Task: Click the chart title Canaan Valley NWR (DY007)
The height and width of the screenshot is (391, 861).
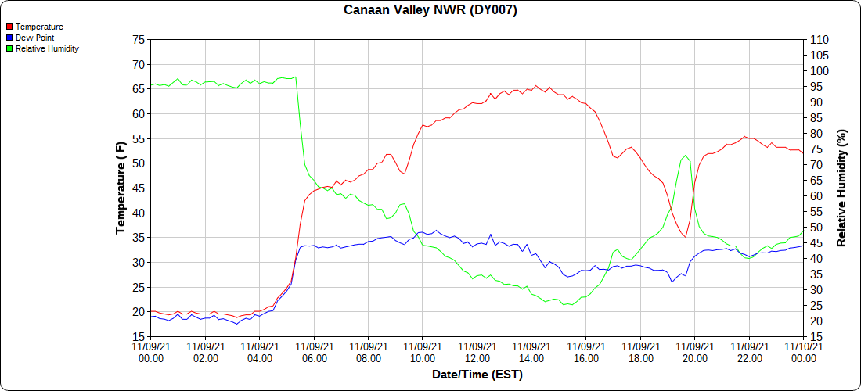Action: pos(430,10)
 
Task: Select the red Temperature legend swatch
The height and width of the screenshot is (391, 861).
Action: pos(9,27)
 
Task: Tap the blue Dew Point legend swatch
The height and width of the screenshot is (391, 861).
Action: pos(9,38)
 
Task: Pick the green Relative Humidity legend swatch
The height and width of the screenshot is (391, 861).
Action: pos(9,48)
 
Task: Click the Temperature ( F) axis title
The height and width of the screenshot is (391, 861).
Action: pos(121,188)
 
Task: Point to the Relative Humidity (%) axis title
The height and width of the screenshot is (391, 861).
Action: pos(841,188)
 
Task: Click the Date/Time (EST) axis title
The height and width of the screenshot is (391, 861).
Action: pos(477,375)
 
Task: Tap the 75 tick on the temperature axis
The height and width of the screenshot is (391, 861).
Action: pos(139,40)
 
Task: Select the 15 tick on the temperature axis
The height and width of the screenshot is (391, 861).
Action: pos(139,337)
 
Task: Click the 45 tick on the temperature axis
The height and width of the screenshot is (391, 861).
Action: pos(139,188)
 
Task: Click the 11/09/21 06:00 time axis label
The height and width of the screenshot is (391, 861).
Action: pos(314,352)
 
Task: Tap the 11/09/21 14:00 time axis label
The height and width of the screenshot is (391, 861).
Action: pos(531,352)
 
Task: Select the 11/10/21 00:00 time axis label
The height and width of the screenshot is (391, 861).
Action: pos(803,352)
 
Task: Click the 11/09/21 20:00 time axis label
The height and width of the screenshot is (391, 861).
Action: pos(694,352)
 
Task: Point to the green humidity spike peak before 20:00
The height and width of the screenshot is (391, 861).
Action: pos(685,156)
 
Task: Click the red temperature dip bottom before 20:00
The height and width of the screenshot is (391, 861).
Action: pos(686,237)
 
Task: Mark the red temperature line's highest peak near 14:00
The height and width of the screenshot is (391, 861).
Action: pos(535,86)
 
